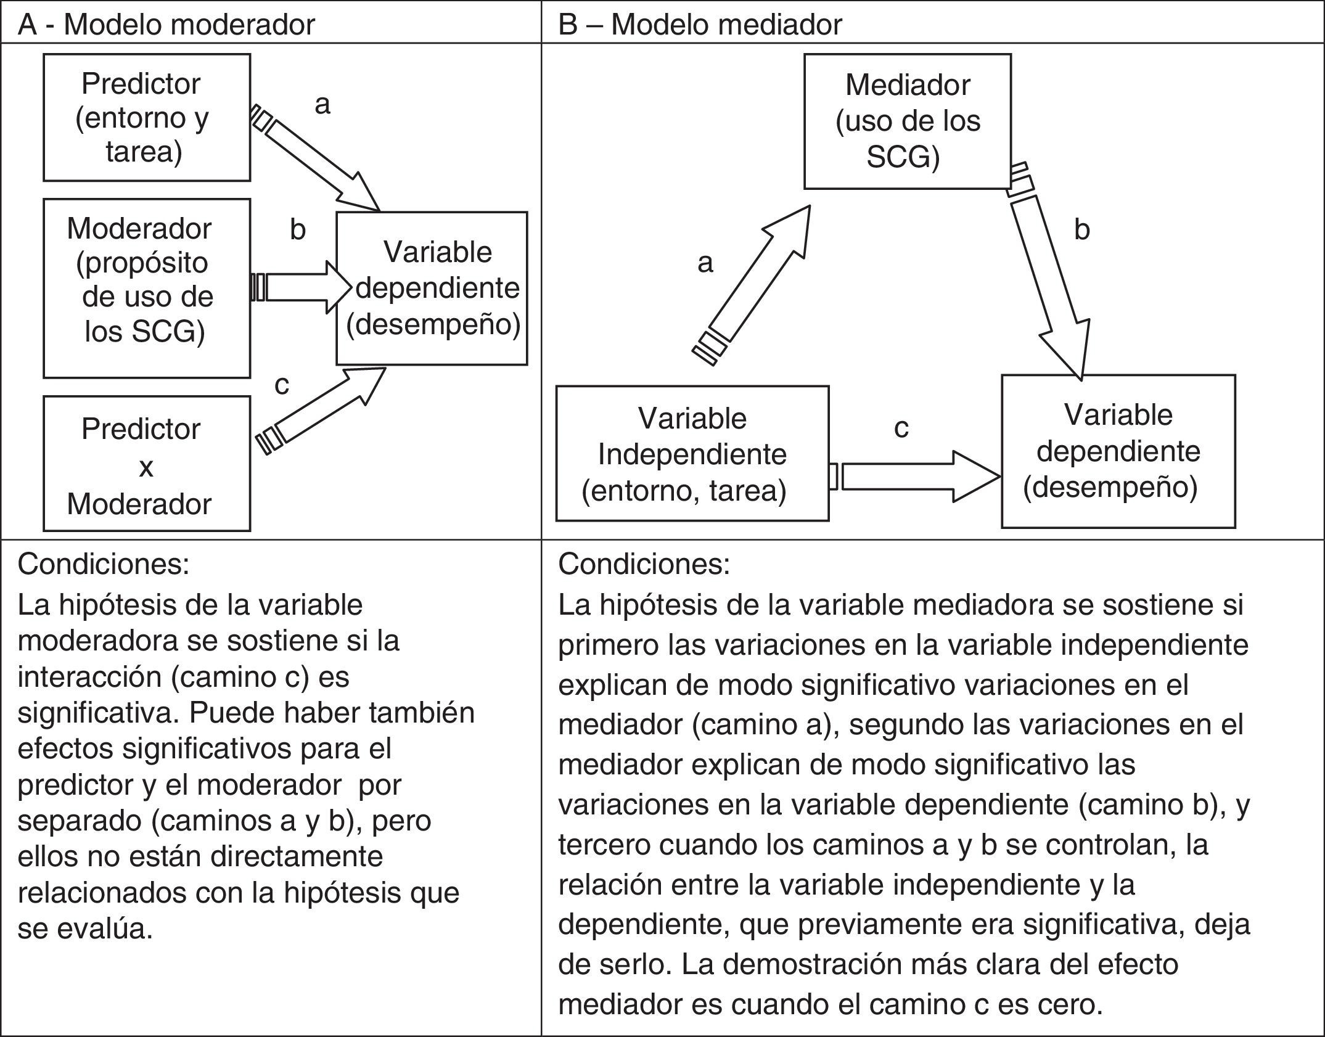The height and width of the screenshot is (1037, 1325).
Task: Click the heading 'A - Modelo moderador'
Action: coord(166,25)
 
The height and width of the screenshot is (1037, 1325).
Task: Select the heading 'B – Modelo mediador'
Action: coord(700,25)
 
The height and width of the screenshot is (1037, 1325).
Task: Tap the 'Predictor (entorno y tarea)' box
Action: coord(147,117)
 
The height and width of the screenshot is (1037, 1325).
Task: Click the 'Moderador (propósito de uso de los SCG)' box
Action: coord(147,288)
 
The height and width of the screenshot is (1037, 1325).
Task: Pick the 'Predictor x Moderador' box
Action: coord(147,464)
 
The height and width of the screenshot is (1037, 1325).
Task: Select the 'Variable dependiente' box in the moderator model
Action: coord(432,289)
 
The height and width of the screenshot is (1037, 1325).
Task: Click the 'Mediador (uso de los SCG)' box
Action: coord(907,121)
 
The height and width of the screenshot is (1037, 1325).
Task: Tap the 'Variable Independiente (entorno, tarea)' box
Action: coord(692,454)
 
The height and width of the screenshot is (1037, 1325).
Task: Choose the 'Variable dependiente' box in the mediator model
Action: coord(1118,451)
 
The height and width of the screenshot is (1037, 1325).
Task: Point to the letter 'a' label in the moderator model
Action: coord(322,105)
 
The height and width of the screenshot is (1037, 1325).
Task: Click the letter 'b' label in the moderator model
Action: coord(298,230)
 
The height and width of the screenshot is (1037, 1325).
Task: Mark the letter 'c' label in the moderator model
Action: coord(282,385)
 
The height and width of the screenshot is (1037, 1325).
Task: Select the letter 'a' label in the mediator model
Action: coord(705,263)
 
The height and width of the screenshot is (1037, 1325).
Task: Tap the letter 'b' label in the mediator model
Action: coord(1081,230)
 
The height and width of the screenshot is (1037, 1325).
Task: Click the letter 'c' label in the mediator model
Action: coord(901,428)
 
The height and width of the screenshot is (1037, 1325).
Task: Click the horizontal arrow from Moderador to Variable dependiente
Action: coord(302,287)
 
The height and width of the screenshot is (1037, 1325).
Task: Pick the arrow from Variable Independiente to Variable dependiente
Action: coord(916,476)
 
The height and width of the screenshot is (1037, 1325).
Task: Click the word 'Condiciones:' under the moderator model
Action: coord(104,564)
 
